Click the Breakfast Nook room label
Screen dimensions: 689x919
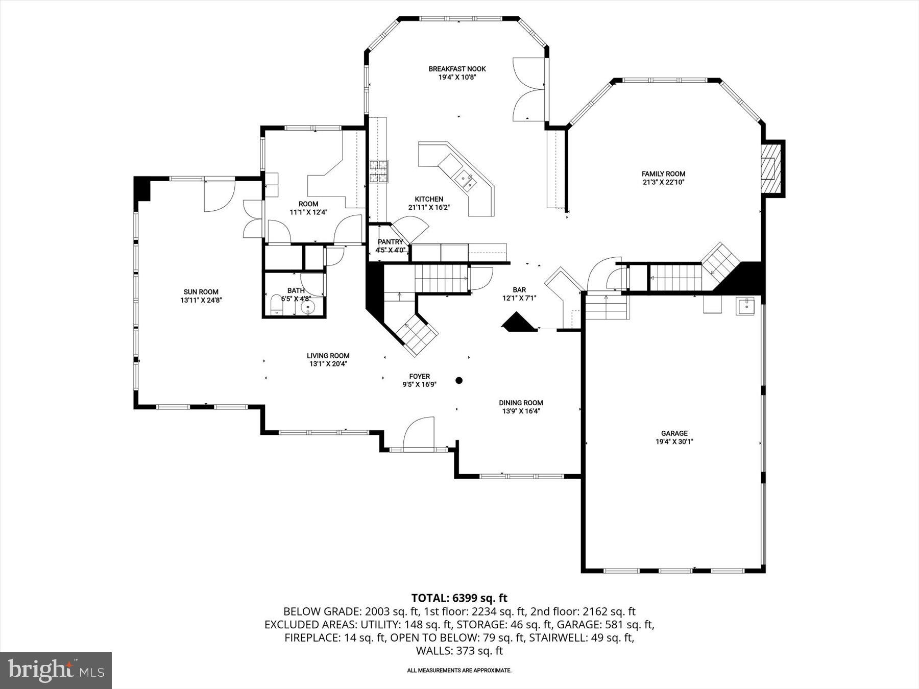click(457, 69)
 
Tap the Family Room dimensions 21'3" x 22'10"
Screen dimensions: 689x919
click(663, 182)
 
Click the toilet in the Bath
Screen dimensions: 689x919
click(276, 305)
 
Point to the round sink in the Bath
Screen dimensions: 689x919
click(308, 307)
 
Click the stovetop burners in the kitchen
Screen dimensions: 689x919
click(379, 171)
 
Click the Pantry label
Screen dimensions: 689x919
click(391, 242)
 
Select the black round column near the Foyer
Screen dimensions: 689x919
click(459, 380)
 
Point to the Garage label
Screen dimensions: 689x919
click(674, 433)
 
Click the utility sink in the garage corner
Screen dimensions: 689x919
click(745, 306)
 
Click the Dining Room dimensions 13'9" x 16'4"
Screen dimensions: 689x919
click(521, 411)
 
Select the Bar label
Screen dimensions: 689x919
click(519, 290)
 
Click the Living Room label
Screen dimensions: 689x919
click(328, 356)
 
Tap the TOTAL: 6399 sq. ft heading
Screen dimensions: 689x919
click(459, 598)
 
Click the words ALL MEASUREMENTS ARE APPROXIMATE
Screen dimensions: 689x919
click(459, 670)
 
